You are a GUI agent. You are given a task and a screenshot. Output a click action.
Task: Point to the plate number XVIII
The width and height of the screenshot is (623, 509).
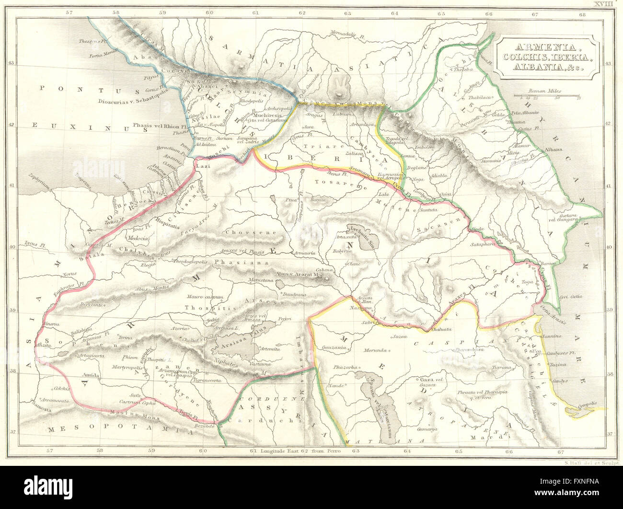pyautogui.click(x=603, y=4)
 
